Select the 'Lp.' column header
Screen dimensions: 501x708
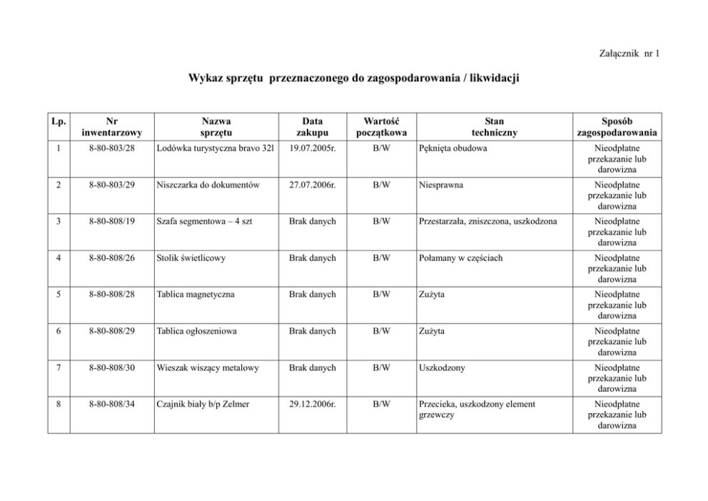click(58, 121)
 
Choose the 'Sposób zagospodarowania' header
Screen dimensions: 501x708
click(618, 126)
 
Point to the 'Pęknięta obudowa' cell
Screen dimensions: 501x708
click(448, 148)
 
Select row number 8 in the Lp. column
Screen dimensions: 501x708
click(58, 404)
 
